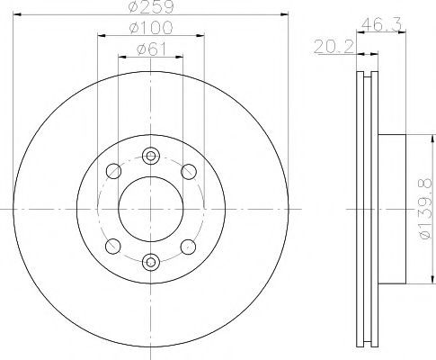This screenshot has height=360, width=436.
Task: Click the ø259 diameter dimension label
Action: coord(151,6)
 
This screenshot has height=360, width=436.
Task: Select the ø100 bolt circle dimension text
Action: coord(151,28)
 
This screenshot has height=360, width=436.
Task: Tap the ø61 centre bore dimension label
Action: coord(151,49)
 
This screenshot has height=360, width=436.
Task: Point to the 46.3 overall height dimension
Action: coord(381,24)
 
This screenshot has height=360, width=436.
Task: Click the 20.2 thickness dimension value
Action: coord(334,47)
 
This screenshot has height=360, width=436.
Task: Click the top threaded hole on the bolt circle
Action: coord(151,156)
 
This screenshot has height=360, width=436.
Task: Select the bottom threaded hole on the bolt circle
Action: coord(151,263)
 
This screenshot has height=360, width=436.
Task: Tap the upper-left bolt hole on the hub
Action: coord(113,171)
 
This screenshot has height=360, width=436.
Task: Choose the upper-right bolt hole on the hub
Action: coord(189,172)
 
